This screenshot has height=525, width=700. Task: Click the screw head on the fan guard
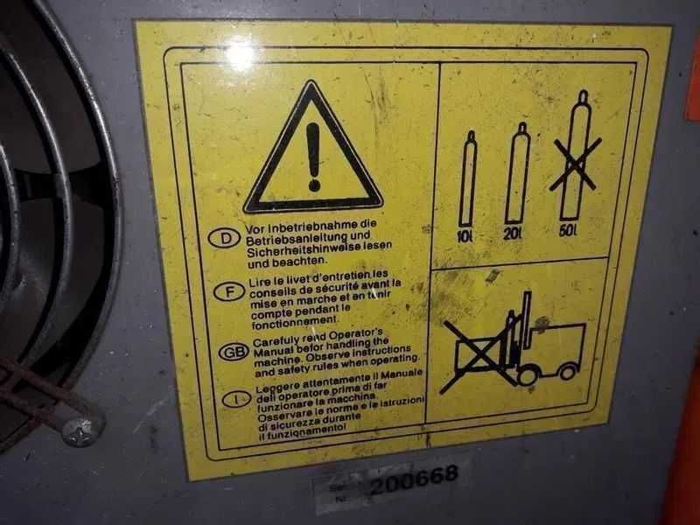pyautogui.click(x=81, y=430)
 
